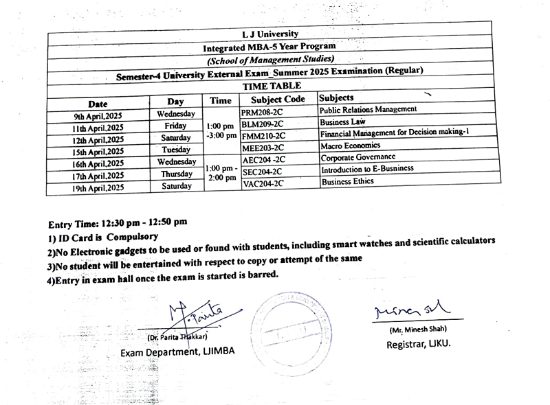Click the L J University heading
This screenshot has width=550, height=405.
269,34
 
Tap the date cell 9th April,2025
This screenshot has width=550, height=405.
98,115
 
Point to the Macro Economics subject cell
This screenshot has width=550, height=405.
350,146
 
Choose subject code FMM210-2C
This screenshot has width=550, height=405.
263,136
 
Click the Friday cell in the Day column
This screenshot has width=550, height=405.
175,126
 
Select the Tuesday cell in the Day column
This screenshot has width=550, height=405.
176,150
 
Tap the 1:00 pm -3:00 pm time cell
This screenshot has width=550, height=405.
221,131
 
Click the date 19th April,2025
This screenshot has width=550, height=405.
98,187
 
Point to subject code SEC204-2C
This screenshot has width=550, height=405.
263,172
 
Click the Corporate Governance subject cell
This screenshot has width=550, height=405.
357,157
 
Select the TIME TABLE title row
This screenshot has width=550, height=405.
271,86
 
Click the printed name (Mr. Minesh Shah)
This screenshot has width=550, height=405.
417,330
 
